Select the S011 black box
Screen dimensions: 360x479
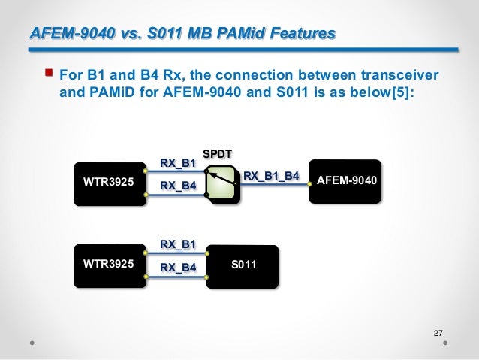pyautogui.click(x=242, y=265)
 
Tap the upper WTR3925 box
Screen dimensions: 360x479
pyautogui.click(x=109, y=182)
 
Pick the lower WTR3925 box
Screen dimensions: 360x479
pyautogui.click(x=109, y=265)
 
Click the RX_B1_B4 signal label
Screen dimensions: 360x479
pyautogui.click(x=272, y=176)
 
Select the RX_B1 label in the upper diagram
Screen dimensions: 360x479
pyautogui.click(x=178, y=162)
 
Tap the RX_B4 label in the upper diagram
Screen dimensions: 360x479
pyautogui.click(x=178, y=186)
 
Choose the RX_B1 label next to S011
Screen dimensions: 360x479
pyautogui.click(x=178, y=243)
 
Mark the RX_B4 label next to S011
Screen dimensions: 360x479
pyautogui.click(x=178, y=267)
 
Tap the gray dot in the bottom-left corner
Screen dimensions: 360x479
pyautogui.click(x=32, y=342)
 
